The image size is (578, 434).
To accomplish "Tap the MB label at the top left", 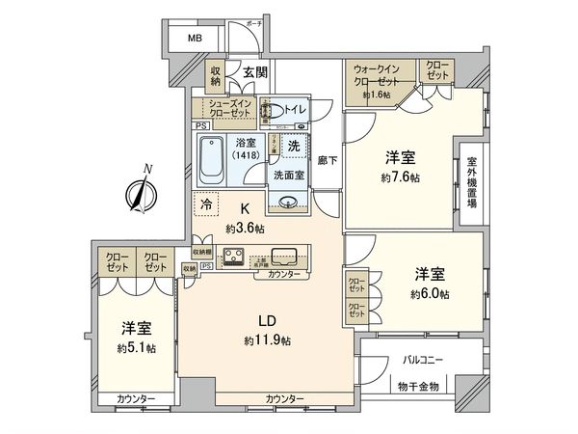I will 195,39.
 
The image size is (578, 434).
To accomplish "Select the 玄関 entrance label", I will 254,72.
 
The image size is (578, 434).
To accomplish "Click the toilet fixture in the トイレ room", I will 277,111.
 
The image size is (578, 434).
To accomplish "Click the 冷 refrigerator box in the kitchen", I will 206,203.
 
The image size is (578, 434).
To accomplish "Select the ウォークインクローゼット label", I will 381,76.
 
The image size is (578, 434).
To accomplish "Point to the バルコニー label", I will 424,361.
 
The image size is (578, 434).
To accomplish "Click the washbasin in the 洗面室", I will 286,200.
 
